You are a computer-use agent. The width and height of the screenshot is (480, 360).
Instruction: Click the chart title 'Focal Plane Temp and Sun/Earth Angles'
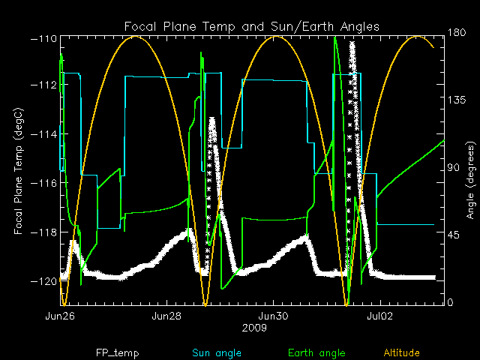point(251,27)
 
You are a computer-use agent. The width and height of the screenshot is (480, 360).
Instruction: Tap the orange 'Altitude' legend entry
point(401,352)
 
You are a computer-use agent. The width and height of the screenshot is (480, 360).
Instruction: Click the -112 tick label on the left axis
point(44,85)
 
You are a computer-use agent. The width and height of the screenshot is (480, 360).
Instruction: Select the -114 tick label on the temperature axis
point(44,133)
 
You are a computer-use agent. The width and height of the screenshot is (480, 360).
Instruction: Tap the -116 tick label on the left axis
point(44,182)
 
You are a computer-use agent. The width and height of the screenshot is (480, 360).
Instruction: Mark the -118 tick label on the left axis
point(44,232)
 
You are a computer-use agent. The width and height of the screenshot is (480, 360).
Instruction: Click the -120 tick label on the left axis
point(44,280)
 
